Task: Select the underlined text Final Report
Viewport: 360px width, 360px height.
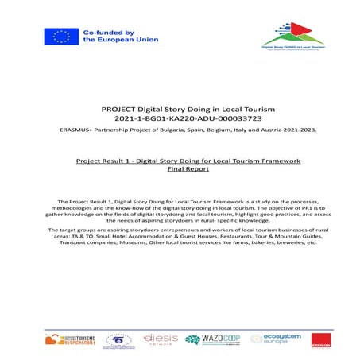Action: [180, 169]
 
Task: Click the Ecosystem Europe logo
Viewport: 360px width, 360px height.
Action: [270, 339]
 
